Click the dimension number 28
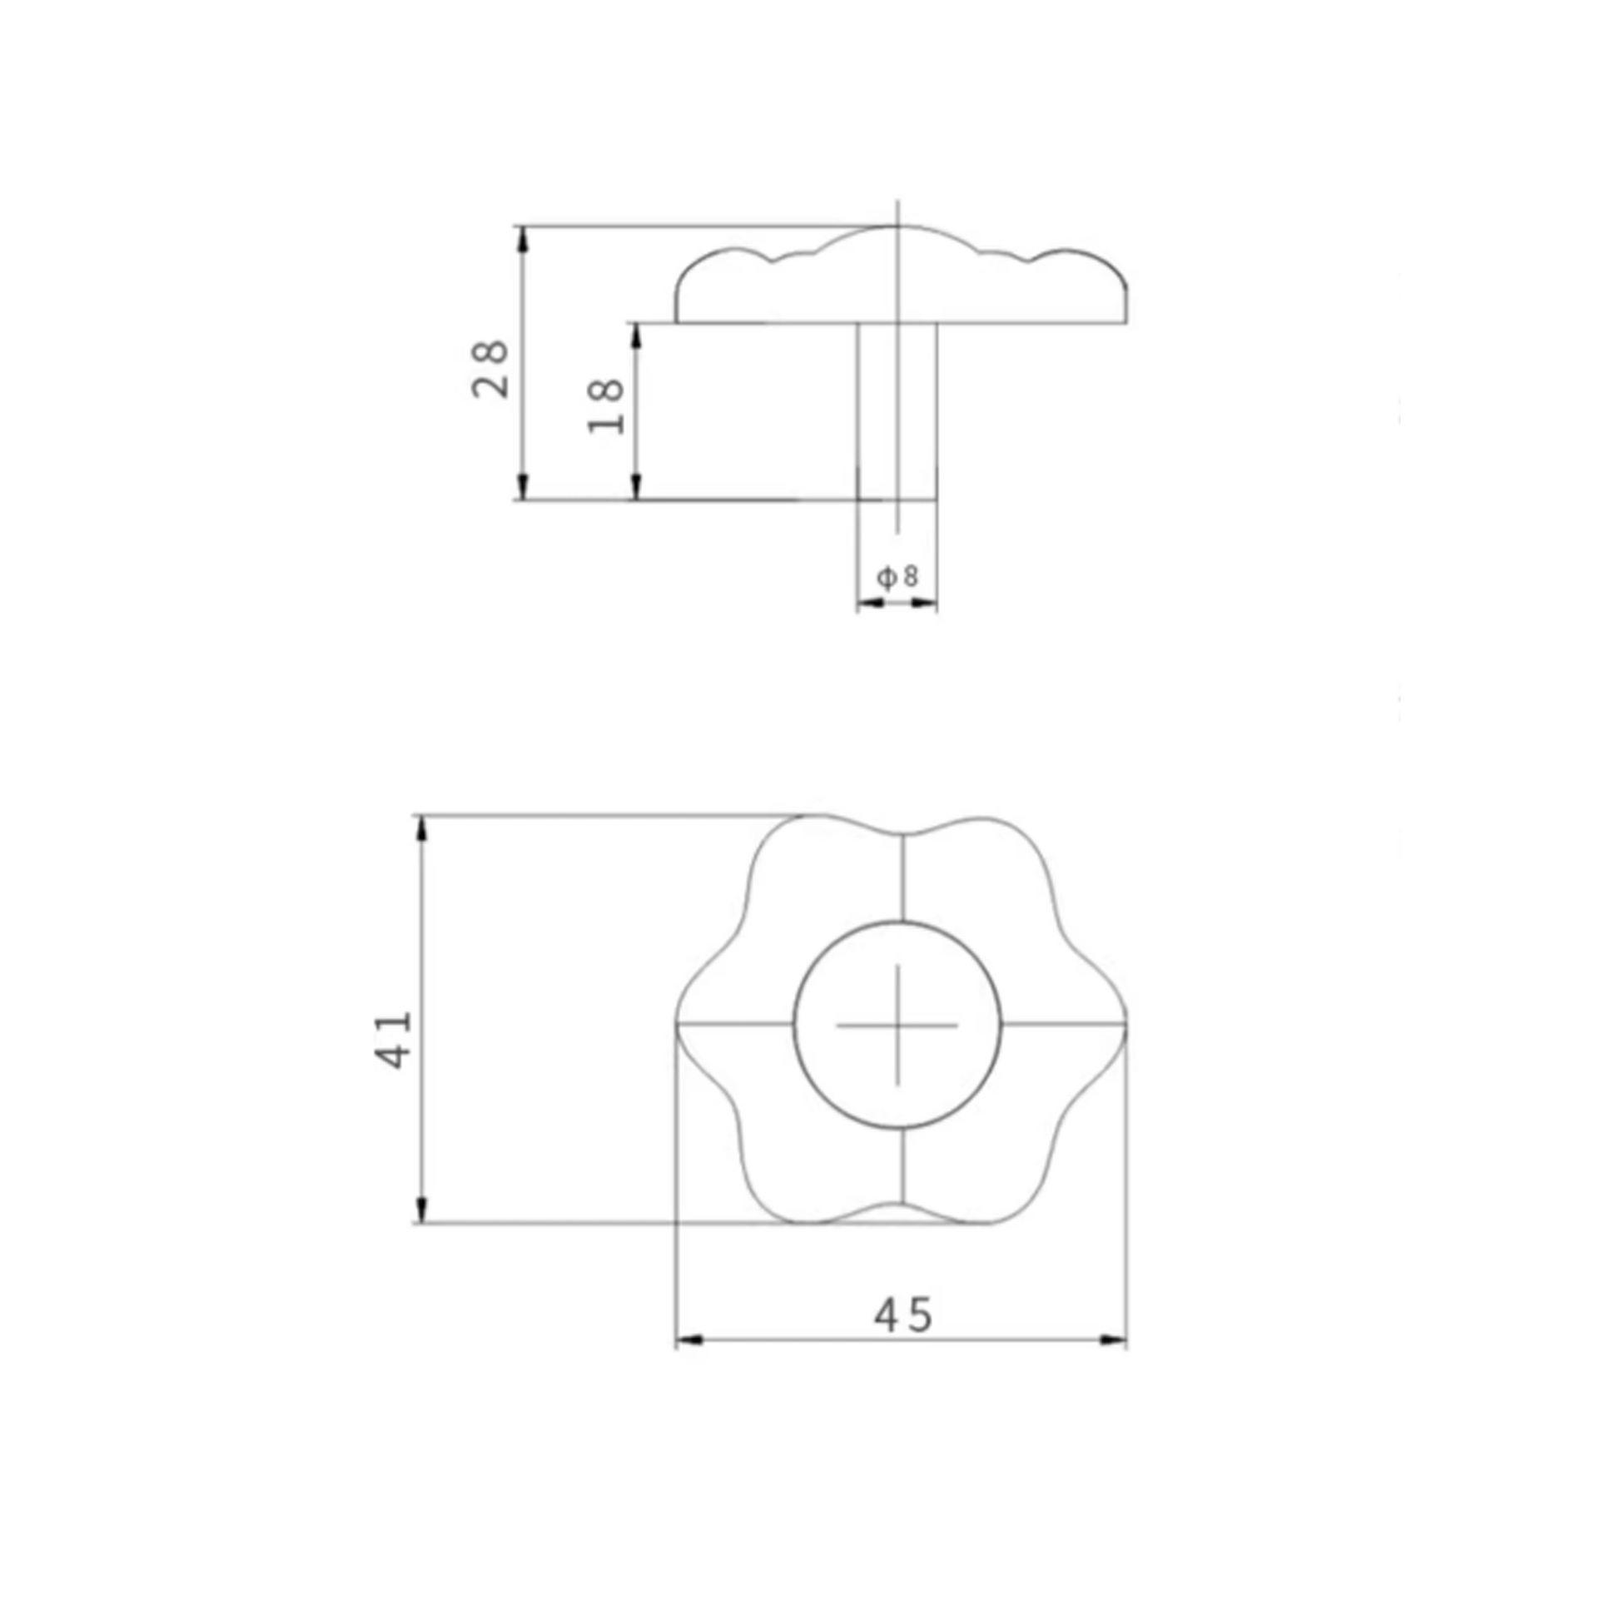[490, 369]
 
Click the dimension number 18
[606, 406]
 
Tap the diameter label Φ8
[898, 577]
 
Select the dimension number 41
[392, 1039]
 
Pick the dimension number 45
[903, 1314]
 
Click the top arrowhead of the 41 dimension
[422, 827]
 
